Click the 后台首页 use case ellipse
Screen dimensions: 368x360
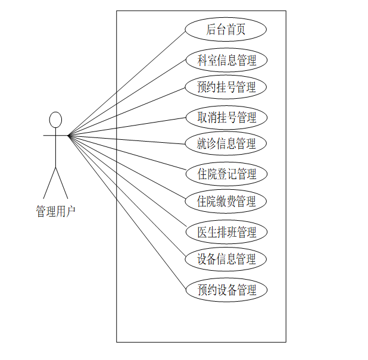[x=226, y=29]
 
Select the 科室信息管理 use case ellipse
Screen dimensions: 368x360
[x=226, y=60]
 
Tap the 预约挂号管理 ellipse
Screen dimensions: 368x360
[x=226, y=87]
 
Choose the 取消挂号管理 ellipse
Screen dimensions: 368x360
[x=226, y=117]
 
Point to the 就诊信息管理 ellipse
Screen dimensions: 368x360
[x=226, y=143]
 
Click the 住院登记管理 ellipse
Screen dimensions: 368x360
[x=226, y=174]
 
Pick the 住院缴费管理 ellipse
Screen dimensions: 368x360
[x=226, y=201]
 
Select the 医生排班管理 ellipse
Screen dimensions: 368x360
[x=226, y=232]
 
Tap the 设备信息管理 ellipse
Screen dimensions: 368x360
[x=226, y=259]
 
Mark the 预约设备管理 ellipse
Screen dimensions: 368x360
[x=226, y=290]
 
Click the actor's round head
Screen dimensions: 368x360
[x=55, y=120]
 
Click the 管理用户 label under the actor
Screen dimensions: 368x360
[x=55, y=211]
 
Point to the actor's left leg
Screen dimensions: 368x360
[x=49, y=183]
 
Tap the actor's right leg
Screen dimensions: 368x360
[x=62, y=183]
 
